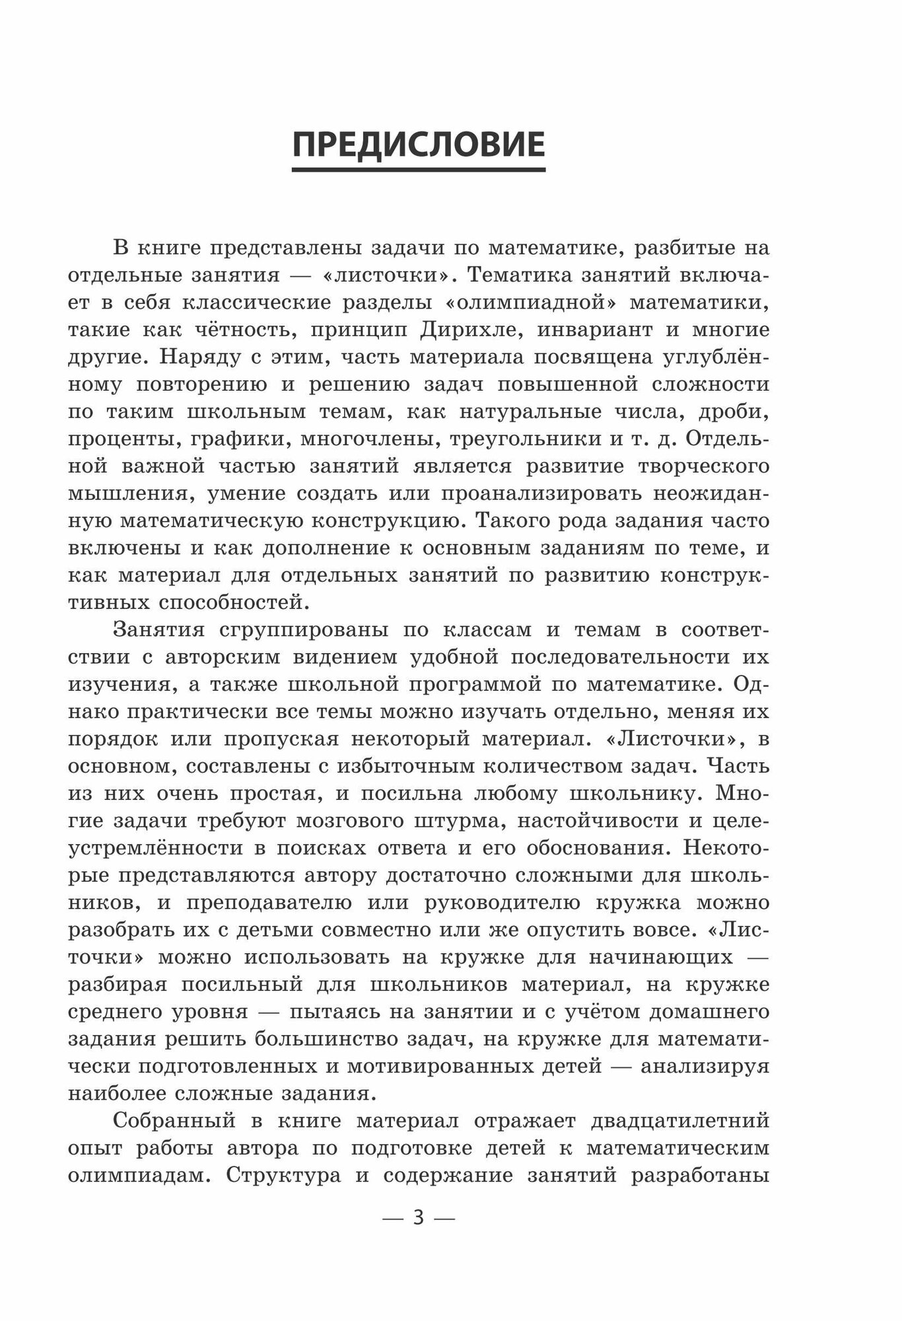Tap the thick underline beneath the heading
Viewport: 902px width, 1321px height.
click(x=419, y=170)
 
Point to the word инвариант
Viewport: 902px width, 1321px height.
click(x=610, y=330)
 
